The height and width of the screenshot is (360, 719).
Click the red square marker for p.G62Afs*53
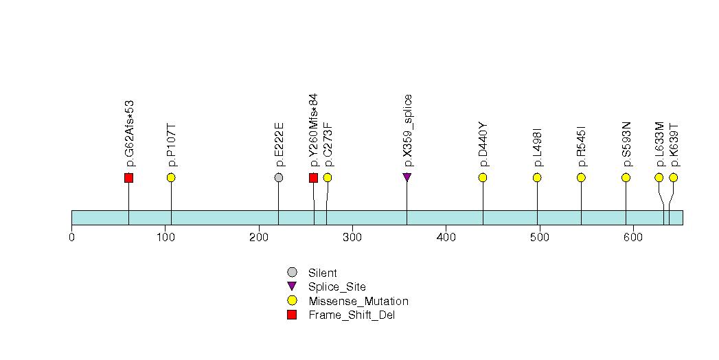click(129, 177)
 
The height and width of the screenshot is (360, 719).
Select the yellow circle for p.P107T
click(171, 177)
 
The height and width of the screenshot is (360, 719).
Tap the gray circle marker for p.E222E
click(278, 177)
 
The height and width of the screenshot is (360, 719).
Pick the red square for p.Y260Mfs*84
click(313, 177)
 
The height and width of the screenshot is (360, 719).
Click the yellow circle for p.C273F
click(328, 177)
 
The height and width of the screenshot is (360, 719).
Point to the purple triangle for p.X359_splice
click(407, 177)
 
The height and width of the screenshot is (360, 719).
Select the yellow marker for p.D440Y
click(482, 177)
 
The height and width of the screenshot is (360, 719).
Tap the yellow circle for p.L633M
click(659, 177)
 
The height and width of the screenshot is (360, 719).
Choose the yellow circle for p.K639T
click(673, 177)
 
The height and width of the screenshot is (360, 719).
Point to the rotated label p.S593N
click(626, 144)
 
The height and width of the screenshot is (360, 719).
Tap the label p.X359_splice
click(408, 131)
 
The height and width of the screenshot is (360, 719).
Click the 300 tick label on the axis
click(352, 237)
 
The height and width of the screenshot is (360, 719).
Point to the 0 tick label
click(71, 237)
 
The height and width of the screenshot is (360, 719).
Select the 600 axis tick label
click(633, 237)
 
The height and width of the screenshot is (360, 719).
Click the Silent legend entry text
click(322, 273)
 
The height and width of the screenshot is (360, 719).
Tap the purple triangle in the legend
click(292, 286)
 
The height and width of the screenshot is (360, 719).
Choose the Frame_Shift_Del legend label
click(352, 315)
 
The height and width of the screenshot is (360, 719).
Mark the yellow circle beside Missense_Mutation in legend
click(292, 300)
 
